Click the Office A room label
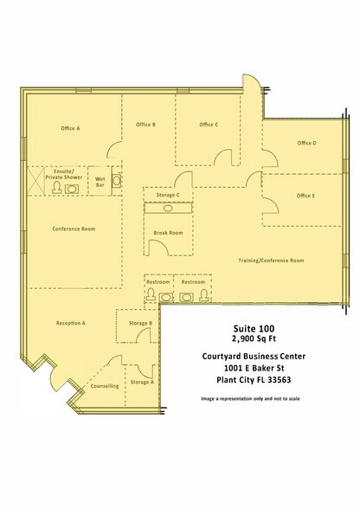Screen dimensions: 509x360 [70, 128]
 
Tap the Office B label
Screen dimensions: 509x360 [145, 125]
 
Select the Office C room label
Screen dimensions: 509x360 [208, 125]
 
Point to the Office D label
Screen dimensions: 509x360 [306, 143]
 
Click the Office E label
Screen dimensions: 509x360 [305, 196]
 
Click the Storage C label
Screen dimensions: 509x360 [168, 195]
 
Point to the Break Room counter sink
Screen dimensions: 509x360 [168, 209]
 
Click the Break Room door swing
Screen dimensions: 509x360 [159, 247]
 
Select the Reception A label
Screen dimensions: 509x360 [70, 322]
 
